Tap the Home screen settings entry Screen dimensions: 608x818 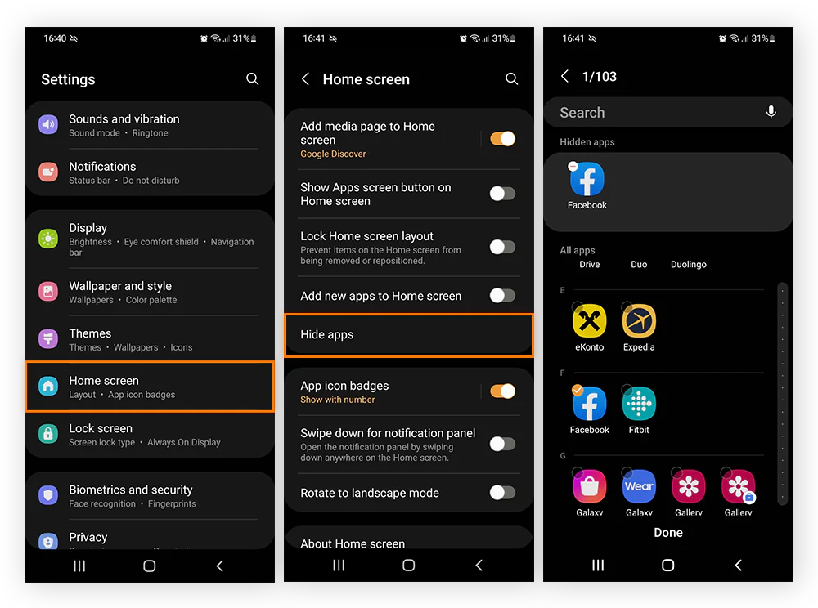click(x=150, y=387)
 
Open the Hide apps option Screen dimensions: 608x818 click(x=409, y=335)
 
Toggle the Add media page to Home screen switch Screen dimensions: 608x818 click(x=502, y=139)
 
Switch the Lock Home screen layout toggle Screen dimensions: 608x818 click(x=502, y=247)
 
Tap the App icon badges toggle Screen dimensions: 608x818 click(x=502, y=391)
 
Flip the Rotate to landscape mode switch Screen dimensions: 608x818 click(x=502, y=493)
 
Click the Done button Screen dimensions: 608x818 click(x=668, y=532)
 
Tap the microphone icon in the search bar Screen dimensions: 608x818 click(x=771, y=113)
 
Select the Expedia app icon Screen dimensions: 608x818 click(x=639, y=321)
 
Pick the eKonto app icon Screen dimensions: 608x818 click(x=589, y=321)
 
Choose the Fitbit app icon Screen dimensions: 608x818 click(x=639, y=404)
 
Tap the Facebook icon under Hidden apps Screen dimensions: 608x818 click(x=587, y=179)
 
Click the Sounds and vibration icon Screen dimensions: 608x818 click(x=49, y=125)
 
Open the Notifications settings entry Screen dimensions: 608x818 click(x=150, y=172)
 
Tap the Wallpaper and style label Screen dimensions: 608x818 click(x=120, y=286)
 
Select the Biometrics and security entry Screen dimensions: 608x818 click(x=150, y=496)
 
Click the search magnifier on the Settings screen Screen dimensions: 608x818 click(x=253, y=79)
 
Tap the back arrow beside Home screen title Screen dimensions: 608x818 click(x=306, y=79)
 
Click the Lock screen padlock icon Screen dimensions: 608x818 click(x=49, y=434)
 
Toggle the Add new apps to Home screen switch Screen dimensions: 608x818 click(x=502, y=296)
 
